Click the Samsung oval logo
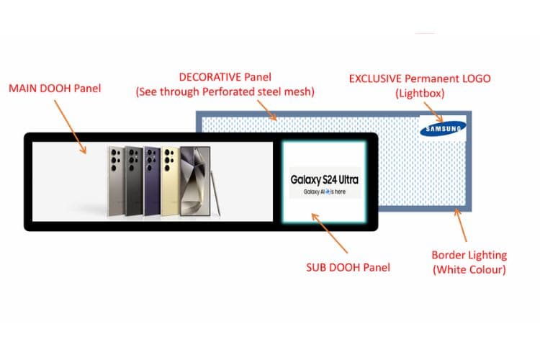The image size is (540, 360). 443,128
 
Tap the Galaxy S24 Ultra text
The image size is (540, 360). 325,180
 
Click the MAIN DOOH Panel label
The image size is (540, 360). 55,89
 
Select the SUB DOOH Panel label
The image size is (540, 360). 348,268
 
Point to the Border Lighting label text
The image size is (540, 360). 469,262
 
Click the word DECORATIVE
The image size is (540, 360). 210,77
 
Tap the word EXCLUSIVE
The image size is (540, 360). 375,78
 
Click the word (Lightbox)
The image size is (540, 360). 420,94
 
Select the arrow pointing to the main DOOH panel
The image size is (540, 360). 71,127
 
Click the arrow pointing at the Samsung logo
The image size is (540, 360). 433,112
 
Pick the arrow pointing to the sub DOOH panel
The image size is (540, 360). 330,233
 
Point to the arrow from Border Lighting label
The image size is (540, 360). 461,225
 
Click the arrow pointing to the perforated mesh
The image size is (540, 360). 267,110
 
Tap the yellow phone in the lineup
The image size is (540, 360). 171,181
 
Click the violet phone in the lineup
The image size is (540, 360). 152,181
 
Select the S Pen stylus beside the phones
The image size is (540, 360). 215,194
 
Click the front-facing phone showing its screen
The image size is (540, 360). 195,181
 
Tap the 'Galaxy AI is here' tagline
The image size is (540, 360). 325,192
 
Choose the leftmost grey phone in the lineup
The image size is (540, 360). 117,181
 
